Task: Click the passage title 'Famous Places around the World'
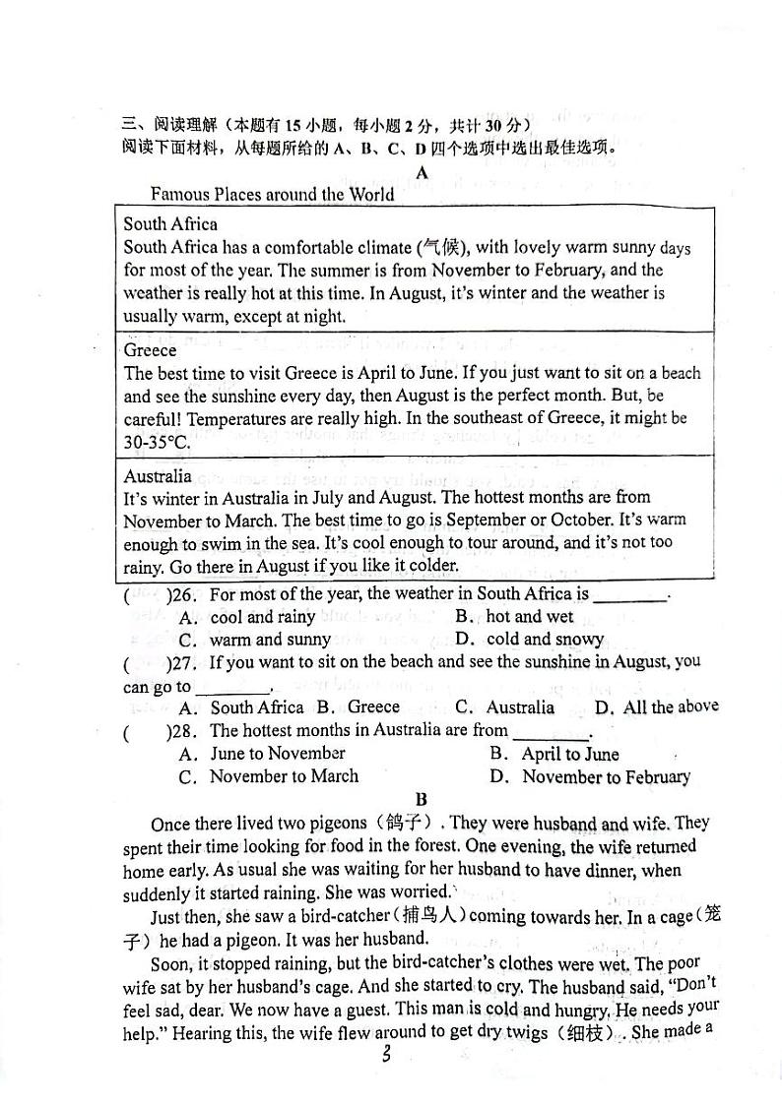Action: click(x=272, y=194)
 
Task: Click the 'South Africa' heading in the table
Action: click(x=170, y=223)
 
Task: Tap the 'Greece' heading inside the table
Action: click(x=151, y=350)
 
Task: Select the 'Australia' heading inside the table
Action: click(x=158, y=476)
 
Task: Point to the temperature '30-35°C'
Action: click(x=158, y=442)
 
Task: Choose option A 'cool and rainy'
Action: click(x=262, y=617)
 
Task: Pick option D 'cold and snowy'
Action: click(x=545, y=640)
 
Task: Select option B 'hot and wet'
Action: click(x=529, y=617)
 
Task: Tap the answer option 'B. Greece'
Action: click(x=358, y=706)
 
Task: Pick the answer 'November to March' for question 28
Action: click(x=284, y=776)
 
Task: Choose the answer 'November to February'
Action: click(x=606, y=777)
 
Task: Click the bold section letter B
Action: click(x=422, y=800)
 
